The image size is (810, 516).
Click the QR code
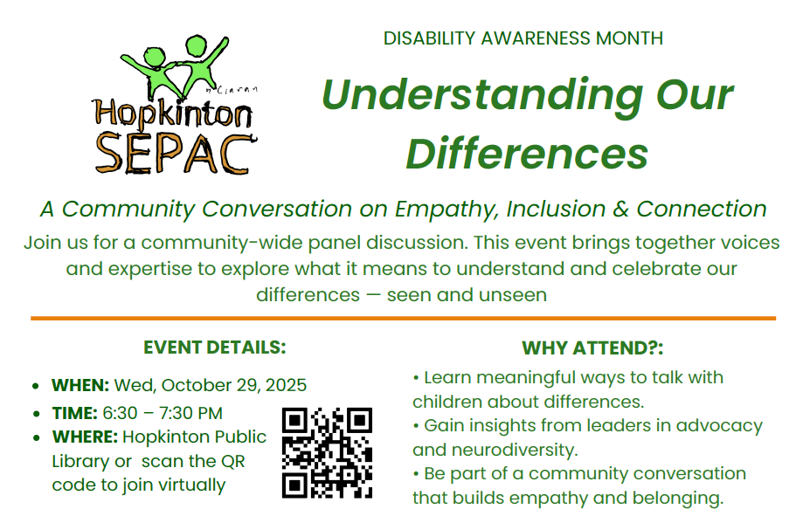(x=328, y=452)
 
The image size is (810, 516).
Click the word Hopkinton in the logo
(x=173, y=114)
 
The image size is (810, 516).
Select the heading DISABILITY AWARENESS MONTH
(x=523, y=38)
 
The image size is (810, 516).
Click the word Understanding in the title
(x=475, y=95)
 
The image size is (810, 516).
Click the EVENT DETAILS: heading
(x=215, y=347)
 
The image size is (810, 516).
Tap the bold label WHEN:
(x=80, y=385)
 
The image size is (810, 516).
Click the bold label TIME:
(x=76, y=413)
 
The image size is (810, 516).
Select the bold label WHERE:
(x=85, y=437)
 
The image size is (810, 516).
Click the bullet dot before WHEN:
(x=34, y=386)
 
